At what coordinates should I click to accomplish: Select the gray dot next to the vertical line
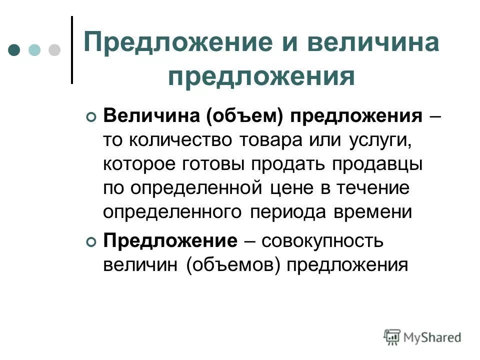click(53, 50)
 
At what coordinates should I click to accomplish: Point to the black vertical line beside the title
click(72, 50)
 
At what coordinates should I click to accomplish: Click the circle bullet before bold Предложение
click(90, 242)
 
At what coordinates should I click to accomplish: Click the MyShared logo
click(422, 336)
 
